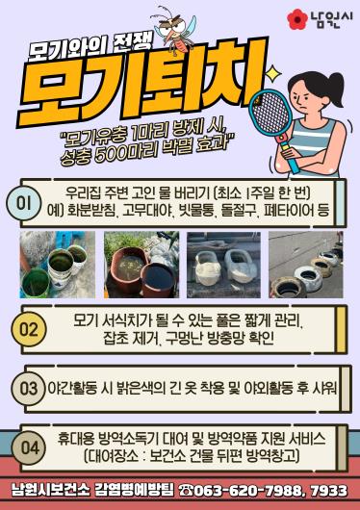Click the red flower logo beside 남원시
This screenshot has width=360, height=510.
click(x=297, y=19)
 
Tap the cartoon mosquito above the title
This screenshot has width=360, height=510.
click(x=174, y=29)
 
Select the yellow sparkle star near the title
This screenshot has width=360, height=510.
click(x=273, y=73)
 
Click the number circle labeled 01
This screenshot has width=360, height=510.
click(x=24, y=203)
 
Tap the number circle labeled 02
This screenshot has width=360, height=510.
click(x=29, y=329)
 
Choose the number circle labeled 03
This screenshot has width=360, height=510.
click(x=29, y=389)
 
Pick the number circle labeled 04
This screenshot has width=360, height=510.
click(x=29, y=447)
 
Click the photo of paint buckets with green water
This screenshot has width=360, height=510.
click(x=58, y=265)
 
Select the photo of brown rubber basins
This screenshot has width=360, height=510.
click(x=141, y=265)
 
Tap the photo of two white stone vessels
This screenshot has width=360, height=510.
click(x=223, y=265)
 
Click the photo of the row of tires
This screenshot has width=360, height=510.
click(x=306, y=265)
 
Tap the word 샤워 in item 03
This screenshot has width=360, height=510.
click(x=325, y=388)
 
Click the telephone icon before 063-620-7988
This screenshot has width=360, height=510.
click(x=186, y=490)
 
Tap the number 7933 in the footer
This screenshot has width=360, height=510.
click(x=329, y=491)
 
